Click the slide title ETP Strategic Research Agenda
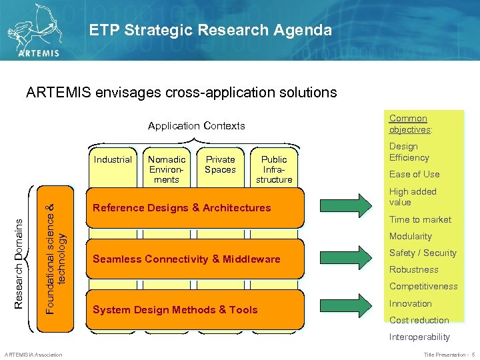pos(210,30)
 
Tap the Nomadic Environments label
pos(167,169)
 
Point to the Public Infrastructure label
pos(274,169)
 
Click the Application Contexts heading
pos(196,126)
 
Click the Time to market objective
pos(420,219)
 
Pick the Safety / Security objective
pos(423,253)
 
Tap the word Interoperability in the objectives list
pos(419,337)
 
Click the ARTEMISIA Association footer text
pos(33,354)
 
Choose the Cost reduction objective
pos(419,320)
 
